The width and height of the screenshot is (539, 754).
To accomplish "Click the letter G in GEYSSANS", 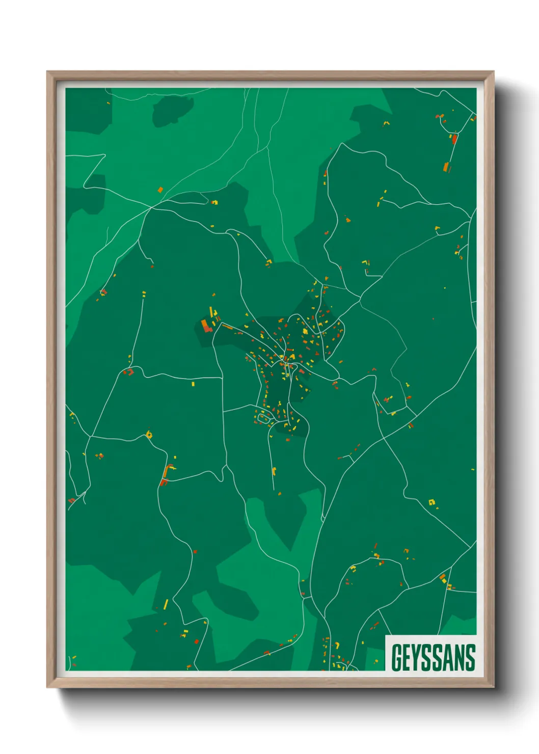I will point(396,657).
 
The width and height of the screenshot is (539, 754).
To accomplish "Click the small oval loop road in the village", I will point(263,418).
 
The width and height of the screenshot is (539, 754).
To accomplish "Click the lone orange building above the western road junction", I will point(160,190).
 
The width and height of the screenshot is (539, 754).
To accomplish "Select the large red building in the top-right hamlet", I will point(454,139).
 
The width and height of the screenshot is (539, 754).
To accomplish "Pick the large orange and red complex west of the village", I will point(206,325).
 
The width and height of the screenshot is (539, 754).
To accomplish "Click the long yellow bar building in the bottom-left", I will point(166,605).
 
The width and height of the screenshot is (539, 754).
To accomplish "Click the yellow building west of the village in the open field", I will point(193,384).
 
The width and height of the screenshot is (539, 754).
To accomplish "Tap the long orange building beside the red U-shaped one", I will point(167,471).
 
